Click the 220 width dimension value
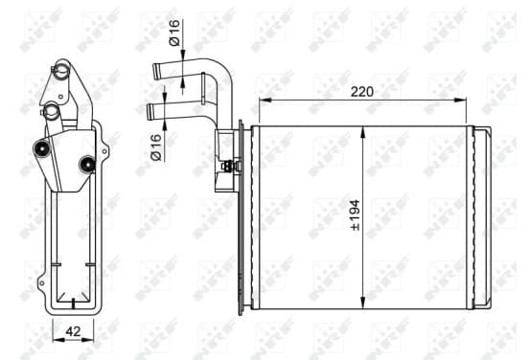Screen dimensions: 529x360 click(x=362, y=92)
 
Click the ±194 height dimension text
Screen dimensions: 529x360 click(x=356, y=215)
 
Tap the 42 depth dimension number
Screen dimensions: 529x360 click(x=73, y=331)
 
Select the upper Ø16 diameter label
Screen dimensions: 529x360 click(x=174, y=33)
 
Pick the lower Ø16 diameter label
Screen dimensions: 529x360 click(x=156, y=147)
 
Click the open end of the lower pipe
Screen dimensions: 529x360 click(x=149, y=112)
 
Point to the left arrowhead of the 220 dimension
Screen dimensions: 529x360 click(x=264, y=100)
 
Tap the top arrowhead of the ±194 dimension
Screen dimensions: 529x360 click(x=363, y=132)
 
